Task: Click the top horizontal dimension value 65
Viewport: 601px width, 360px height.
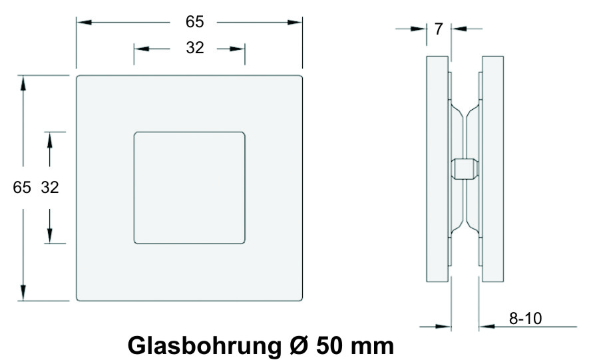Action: tap(194, 22)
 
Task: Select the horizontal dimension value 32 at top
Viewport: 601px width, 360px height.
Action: tap(195, 48)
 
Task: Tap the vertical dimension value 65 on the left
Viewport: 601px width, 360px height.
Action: tap(21, 188)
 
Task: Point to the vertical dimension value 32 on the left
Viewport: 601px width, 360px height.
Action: tap(50, 188)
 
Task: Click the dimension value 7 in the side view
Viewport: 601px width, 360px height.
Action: tap(439, 29)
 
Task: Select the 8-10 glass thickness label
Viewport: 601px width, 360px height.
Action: tap(526, 318)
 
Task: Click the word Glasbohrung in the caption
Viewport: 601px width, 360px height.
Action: tap(204, 346)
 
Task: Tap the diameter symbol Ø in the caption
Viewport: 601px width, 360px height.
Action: tap(299, 345)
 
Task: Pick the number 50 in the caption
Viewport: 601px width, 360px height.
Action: tap(330, 345)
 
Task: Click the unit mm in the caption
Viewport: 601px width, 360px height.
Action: tap(373, 347)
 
